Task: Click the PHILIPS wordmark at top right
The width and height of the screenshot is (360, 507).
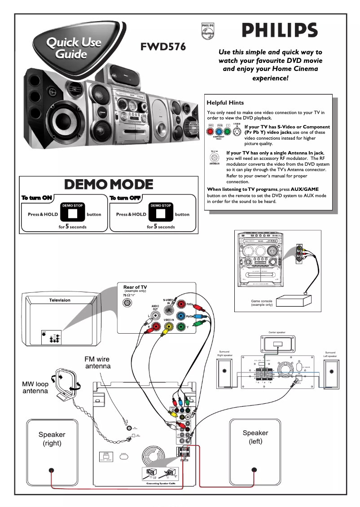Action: tap(280, 30)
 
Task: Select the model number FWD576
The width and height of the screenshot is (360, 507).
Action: tap(163, 47)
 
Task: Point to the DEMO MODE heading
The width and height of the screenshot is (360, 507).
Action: tap(109, 185)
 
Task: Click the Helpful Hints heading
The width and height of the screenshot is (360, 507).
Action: tap(225, 103)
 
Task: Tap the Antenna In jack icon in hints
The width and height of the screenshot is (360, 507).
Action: tap(215, 159)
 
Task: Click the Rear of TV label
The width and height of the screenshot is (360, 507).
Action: tap(135, 287)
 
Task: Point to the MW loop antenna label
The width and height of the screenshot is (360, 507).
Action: tap(35, 388)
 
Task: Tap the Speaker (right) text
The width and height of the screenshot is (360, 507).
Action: tap(52, 439)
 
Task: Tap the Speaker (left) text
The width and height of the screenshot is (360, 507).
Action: tap(255, 437)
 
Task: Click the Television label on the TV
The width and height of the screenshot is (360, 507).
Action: tap(60, 300)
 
